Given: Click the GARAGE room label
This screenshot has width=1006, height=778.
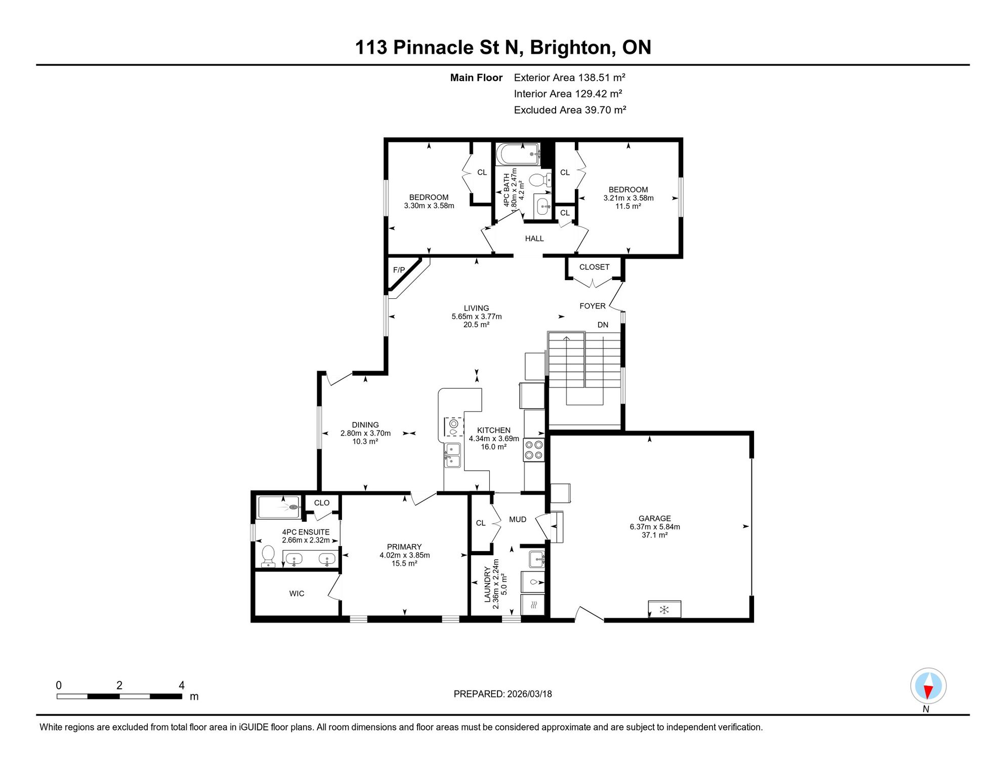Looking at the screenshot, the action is click(654, 518).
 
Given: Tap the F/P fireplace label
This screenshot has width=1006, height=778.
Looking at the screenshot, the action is click(399, 270).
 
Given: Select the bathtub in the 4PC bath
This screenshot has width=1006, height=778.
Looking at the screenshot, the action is click(518, 154).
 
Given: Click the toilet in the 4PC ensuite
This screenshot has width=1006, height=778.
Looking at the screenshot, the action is click(268, 556).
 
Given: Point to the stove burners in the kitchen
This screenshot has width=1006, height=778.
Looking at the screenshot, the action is click(534, 450).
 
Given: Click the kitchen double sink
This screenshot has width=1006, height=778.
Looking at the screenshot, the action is click(452, 455).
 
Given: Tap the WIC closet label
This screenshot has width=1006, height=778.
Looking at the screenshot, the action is click(297, 594).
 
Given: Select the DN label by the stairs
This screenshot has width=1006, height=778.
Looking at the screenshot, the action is click(603, 325).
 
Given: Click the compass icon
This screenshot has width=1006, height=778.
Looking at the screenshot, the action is click(928, 686).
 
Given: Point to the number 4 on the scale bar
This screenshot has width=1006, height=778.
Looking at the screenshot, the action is click(182, 685).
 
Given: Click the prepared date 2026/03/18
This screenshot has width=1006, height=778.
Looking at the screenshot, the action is click(528, 694).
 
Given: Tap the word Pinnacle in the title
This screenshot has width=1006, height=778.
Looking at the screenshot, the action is click(434, 47).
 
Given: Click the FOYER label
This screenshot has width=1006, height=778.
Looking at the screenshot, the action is click(592, 306).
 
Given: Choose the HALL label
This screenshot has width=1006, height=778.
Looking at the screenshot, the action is click(534, 239).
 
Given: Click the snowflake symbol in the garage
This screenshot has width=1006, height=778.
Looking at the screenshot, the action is click(664, 609).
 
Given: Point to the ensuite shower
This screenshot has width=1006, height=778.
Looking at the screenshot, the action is click(279, 508).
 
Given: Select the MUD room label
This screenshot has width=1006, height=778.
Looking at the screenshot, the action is click(518, 519).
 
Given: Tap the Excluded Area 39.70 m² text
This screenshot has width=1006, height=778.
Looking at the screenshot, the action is click(570, 110).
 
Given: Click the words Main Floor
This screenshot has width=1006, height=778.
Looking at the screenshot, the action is click(476, 77).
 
